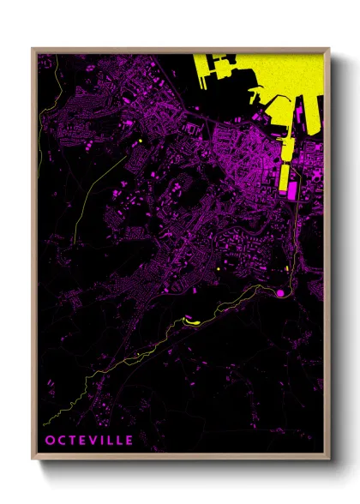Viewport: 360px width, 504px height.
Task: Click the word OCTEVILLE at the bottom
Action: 89,441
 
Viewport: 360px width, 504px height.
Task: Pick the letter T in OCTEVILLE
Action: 69,441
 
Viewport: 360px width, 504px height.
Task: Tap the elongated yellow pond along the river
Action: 189,321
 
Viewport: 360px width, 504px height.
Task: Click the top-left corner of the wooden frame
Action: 33,49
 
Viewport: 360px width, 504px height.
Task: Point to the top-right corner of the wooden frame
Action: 329,49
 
